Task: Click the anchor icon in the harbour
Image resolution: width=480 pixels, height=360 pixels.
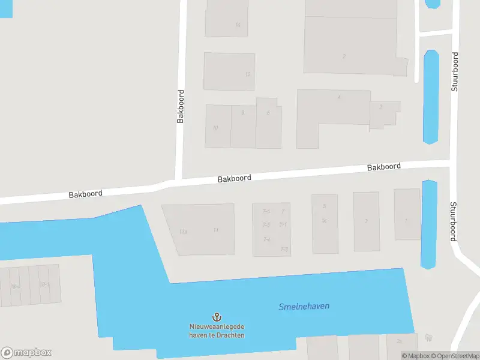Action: point(216,316)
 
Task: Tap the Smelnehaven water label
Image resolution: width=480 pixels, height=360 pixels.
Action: point(304,307)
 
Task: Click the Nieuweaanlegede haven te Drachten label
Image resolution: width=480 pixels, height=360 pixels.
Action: point(216,331)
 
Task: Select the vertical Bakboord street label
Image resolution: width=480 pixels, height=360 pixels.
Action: point(181,107)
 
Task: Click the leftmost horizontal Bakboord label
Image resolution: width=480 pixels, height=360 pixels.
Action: point(85,194)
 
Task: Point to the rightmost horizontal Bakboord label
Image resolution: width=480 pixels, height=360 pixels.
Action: point(384,167)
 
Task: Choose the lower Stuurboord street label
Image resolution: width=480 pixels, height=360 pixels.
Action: point(454,221)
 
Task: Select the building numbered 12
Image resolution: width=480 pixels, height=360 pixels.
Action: point(229,71)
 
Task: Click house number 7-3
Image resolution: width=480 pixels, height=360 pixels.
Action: point(284,250)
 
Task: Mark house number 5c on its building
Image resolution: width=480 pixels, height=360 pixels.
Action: point(324,221)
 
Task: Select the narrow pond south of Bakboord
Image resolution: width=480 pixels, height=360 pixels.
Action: point(429,224)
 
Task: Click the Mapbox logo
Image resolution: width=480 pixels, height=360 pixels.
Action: point(26,353)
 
